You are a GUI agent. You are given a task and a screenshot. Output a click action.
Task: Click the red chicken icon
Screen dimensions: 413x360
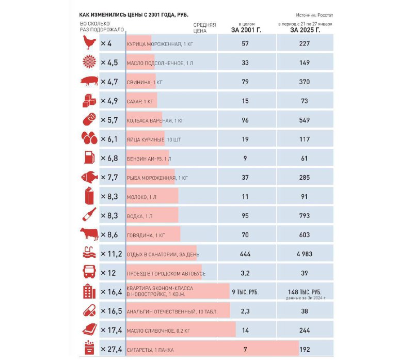tap(89, 42)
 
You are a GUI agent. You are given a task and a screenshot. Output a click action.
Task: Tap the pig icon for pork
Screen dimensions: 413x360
tap(89, 81)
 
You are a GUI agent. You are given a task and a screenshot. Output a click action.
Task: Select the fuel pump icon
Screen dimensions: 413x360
tap(89, 157)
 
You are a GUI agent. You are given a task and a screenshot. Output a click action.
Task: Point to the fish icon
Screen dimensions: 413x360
tap(89, 177)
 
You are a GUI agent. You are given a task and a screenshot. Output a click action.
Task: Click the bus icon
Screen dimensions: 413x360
tap(89, 272)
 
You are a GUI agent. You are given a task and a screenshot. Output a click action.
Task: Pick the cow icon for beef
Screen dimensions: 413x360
tap(89, 234)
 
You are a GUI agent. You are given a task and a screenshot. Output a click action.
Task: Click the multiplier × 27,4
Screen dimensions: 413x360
tap(111, 350)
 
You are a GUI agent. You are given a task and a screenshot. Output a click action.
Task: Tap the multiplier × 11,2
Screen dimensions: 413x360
tap(111, 254)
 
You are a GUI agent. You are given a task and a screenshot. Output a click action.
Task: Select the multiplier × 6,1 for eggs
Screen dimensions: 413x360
tap(109, 139)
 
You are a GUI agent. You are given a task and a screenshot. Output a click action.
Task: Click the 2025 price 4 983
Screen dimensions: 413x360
tap(304, 254)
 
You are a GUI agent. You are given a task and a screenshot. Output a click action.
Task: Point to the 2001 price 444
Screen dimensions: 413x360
tap(245, 254)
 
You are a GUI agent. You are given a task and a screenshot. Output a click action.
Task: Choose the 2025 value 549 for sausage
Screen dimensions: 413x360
tap(304, 120)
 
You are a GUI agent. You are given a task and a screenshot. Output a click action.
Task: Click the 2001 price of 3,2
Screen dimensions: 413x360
tap(245, 273)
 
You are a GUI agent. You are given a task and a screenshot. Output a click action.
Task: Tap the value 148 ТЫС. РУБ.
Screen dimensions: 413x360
tap(305, 292)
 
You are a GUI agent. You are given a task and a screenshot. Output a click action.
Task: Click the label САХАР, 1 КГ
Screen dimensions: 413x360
tap(140, 101)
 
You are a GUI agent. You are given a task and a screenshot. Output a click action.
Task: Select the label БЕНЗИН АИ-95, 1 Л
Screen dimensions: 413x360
tap(149, 159)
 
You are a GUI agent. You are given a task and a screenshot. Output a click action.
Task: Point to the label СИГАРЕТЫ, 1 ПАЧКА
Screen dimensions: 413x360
tap(150, 350)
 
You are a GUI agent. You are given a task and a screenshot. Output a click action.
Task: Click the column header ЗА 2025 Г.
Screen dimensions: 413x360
tap(305, 30)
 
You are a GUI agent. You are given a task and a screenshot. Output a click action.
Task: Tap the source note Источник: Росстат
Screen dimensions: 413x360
tap(314, 15)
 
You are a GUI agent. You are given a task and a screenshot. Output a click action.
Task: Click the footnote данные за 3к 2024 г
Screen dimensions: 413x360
tap(306, 298)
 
